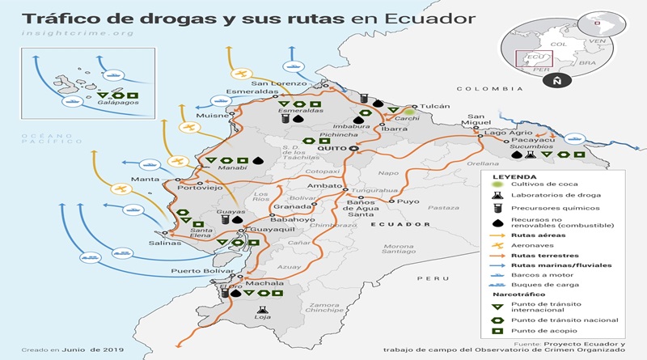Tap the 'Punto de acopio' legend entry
click(x=543, y=330)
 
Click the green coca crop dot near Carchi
click(x=411, y=112)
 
